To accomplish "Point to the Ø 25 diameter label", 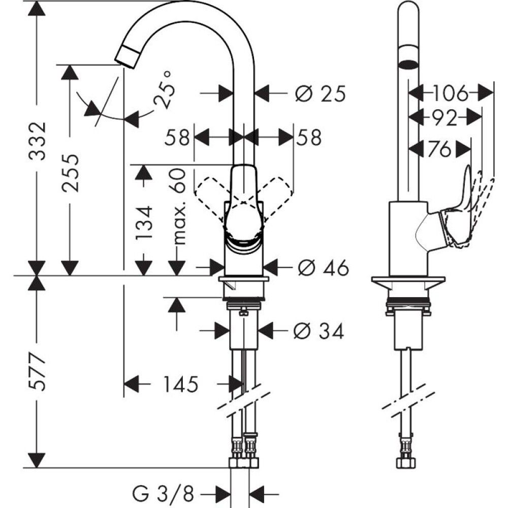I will tap(320, 93).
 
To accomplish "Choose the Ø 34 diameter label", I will tap(319, 331).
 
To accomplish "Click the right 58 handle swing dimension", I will tap(310, 137).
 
